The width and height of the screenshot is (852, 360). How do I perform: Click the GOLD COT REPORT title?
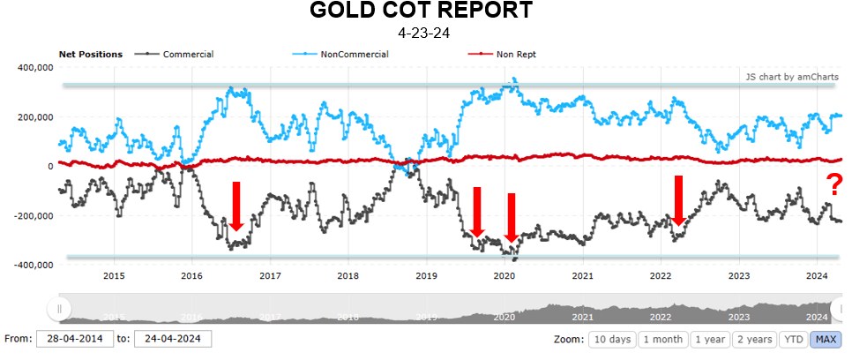coord(422,12)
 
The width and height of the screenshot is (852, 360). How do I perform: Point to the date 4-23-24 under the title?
coord(422,34)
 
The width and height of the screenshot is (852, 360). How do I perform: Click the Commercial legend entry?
coord(188,54)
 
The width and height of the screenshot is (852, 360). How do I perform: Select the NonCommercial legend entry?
coord(355,54)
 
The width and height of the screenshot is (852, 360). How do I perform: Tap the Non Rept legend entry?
coord(515,54)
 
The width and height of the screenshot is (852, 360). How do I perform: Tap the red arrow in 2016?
coord(235,206)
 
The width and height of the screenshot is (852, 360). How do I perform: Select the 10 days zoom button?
coord(610,340)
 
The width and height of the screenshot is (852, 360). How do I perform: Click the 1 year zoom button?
coord(710,340)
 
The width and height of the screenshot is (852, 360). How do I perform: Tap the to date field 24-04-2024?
coord(172,339)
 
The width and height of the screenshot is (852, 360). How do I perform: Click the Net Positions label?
coord(90,54)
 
